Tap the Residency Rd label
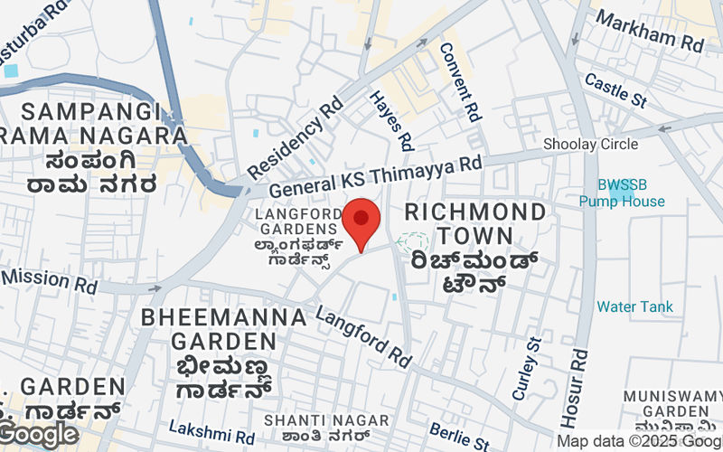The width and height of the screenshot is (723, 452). [x=296, y=137]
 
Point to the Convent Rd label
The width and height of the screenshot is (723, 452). [x=460, y=81]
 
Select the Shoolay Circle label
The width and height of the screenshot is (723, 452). [x=590, y=144]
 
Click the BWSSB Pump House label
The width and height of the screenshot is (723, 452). [x=622, y=193]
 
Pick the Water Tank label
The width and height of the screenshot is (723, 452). [x=634, y=306]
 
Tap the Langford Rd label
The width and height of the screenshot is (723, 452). [x=363, y=336]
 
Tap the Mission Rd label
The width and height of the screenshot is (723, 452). [x=50, y=279]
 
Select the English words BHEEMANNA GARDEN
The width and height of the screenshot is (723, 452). [x=224, y=329]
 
